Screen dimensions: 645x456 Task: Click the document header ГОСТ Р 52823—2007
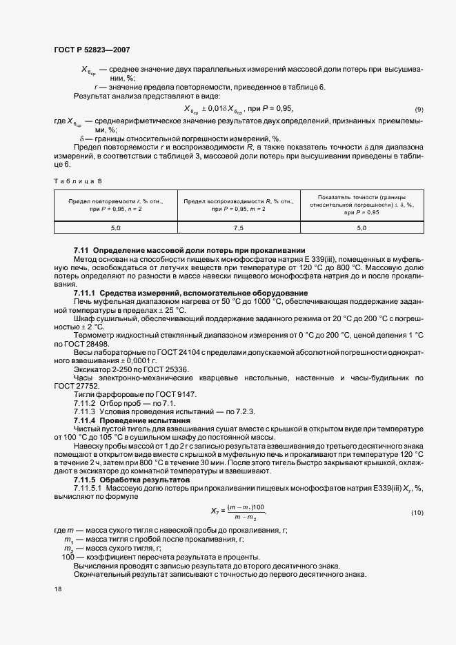coord(92,50)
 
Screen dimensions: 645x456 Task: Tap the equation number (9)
coord(419,110)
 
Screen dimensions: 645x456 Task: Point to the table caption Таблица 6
coord(77,181)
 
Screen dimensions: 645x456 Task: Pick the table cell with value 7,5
coord(239,227)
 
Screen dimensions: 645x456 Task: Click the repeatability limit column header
coord(115,204)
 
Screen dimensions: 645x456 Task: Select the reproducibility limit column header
coord(239,204)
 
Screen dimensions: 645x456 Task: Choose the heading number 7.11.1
coord(86,292)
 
